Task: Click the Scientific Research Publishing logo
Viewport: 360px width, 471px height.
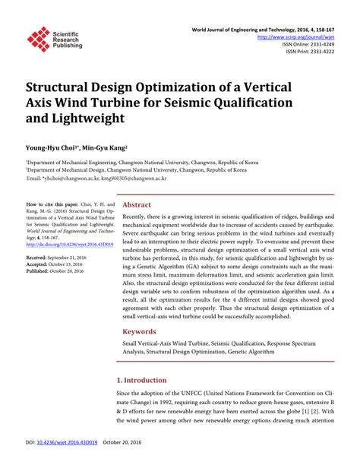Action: [x=53, y=39]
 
